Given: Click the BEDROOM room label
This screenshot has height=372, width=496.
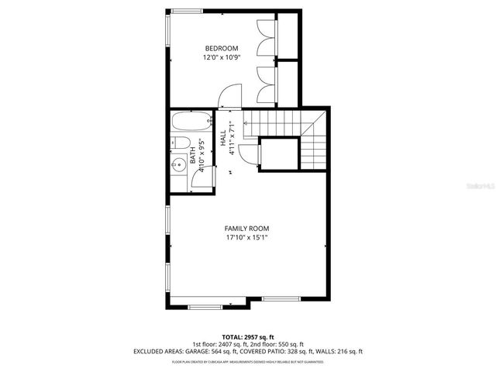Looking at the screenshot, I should [x=222, y=49].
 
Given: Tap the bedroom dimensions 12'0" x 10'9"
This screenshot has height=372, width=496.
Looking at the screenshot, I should [x=222, y=58].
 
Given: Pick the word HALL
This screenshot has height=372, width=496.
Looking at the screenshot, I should [x=223, y=138].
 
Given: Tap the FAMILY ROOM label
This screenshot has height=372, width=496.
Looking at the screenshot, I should [x=247, y=228].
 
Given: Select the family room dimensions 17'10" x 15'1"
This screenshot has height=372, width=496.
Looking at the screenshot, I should [x=247, y=238].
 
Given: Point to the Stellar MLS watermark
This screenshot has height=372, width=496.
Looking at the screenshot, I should [x=475, y=187].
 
